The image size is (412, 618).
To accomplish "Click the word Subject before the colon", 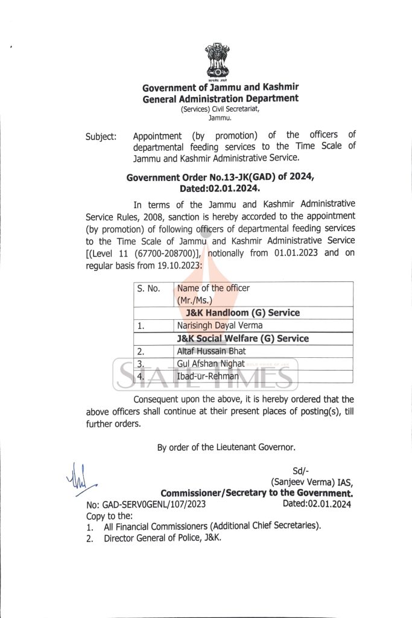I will [100, 137].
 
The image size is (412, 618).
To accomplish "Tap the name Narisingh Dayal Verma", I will [216, 325].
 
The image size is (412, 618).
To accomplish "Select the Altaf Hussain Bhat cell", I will [211, 351].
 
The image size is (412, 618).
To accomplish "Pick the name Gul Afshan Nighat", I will [211, 363].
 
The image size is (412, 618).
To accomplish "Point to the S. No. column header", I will [148, 288].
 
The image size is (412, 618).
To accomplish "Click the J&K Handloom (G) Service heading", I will [242, 313].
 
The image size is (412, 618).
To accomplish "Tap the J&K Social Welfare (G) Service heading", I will [247, 338].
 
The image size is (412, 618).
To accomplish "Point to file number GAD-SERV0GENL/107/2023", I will [147, 505].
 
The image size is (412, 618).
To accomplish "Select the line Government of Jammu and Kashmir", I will [221, 88].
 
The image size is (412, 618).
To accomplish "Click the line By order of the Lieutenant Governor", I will [226, 447].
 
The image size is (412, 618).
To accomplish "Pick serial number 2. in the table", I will [141, 351].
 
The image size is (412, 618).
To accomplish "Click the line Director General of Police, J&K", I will [162, 537].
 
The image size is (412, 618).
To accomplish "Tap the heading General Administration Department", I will [220, 98].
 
